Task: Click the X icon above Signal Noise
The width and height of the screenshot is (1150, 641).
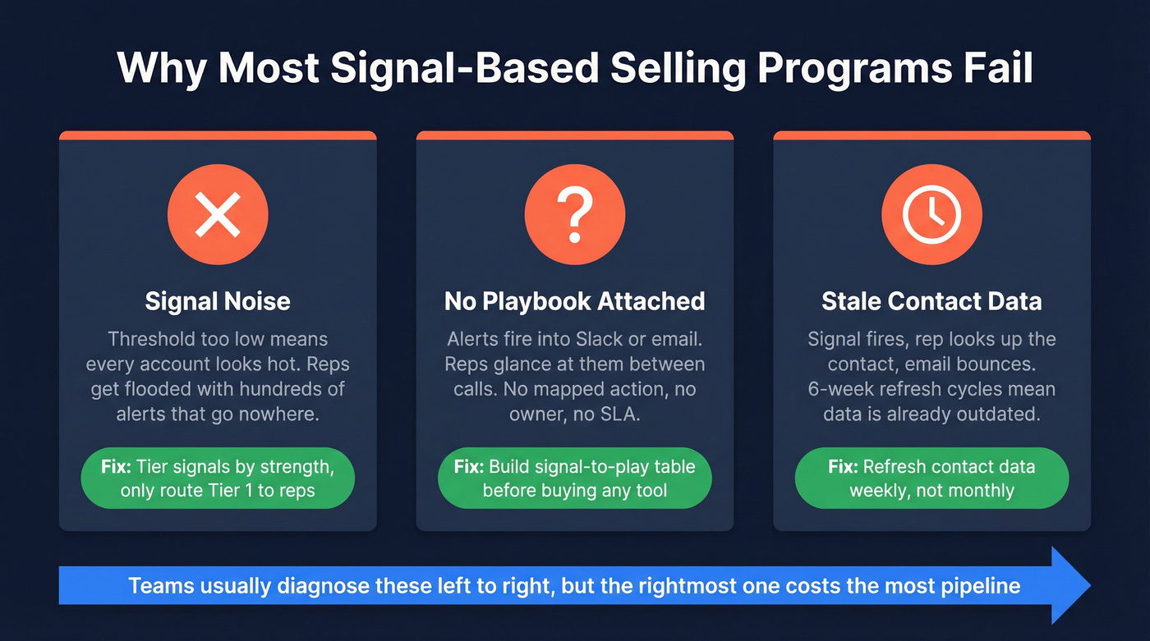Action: pyautogui.click(x=218, y=214)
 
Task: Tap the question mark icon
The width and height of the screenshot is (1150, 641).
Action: pyautogui.click(x=575, y=214)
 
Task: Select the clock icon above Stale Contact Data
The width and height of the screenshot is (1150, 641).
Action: pyautogui.click(x=931, y=214)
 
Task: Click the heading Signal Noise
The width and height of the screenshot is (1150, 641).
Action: pyautogui.click(x=218, y=301)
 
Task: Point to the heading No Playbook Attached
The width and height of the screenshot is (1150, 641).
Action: pyautogui.click(x=575, y=301)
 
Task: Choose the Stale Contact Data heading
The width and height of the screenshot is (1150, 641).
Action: pyautogui.click(x=931, y=301)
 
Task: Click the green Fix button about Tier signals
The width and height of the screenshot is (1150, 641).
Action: pyautogui.click(x=218, y=479)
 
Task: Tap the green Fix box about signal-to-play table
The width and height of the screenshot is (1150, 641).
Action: pyautogui.click(x=575, y=479)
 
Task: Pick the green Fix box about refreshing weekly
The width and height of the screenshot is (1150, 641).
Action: pyautogui.click(x=931, y=479)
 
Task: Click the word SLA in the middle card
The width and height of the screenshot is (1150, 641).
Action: pyautogui.click(x=619, y=414)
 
